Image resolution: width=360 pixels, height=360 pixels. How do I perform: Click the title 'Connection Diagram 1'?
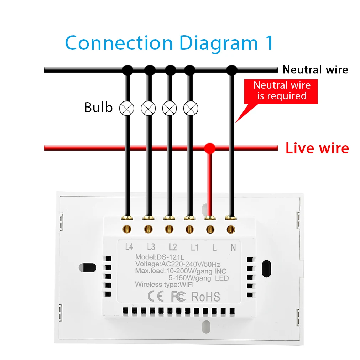pos(169,43)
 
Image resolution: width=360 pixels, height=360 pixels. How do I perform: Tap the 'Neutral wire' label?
pos(315,69)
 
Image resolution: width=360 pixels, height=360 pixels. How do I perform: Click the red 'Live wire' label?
pos(317,148)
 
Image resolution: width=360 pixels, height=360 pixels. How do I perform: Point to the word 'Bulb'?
pos(98,107)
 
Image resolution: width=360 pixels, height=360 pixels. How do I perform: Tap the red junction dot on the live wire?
pos(210,148)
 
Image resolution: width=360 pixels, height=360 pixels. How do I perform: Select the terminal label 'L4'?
pos(130,246)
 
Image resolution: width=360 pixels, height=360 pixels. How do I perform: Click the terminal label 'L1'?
pos(194,246)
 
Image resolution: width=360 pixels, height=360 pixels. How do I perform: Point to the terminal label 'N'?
pos(233,247)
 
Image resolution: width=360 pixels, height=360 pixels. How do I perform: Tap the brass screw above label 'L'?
pos(210,229)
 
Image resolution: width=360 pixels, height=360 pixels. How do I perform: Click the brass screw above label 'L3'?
pos(148,229)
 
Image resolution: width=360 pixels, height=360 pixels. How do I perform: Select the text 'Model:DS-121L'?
pos(160,257)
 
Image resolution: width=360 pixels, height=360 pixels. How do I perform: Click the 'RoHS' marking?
pos(206,296)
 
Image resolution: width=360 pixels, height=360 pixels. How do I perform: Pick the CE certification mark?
pos(155,296)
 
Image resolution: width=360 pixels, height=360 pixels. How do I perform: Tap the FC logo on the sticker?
pos(178,296)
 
